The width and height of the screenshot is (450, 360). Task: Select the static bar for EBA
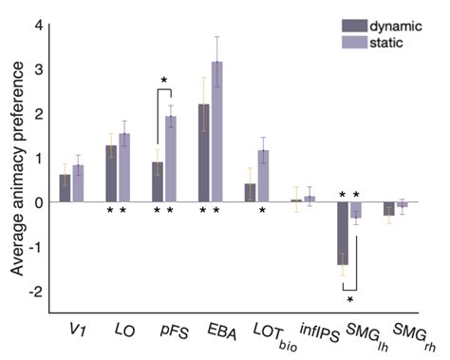click(x=217, y=132)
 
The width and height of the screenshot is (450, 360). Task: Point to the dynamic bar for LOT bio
click(x=250, y=193)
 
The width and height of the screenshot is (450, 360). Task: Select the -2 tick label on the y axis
click(x=35, y=291)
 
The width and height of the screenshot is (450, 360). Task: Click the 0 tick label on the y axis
click(x=38, y=202)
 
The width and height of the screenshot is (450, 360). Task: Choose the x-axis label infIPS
click(x=301, y=331)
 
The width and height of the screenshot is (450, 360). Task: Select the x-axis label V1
click(x=70, y=331)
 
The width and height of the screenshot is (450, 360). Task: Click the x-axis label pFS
click(x=165, y=331)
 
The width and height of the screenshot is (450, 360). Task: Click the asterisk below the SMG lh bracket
click(x=349, y=301)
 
